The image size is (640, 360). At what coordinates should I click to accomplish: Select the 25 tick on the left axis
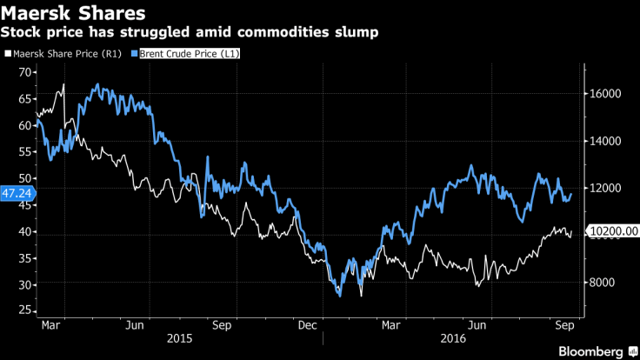[24, 310]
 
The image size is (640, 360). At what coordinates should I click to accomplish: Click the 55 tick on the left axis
[24, 151]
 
